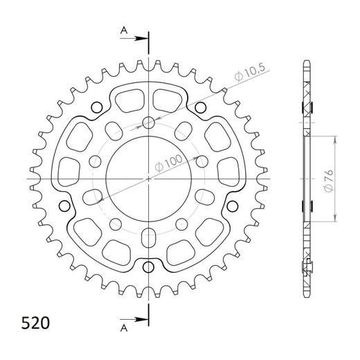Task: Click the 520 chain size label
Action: tap(32, 323)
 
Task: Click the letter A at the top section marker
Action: tap(123, 31)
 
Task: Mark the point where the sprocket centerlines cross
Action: tap(148, 179)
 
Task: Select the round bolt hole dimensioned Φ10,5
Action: tap(148, 123)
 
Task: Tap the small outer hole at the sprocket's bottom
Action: tap(148, 268)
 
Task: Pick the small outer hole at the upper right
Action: tap(200, 107)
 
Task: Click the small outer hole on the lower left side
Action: tap(66, 206)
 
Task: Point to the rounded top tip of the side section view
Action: tap(307, 66)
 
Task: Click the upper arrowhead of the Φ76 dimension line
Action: tap(335, 138)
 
